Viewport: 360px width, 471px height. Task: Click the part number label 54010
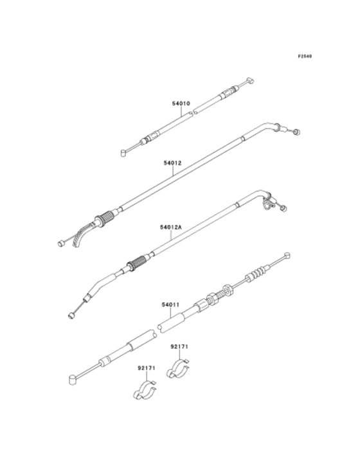click(x=181, y=103)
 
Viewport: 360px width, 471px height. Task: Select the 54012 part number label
click(x=172, y=163)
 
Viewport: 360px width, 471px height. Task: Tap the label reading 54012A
click(x=171, y=227)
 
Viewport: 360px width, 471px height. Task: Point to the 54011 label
click(x=170, y=305)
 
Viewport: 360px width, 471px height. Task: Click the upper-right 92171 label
click(x=179, y=346)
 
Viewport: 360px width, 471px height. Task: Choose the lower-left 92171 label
click(x=147, y=368)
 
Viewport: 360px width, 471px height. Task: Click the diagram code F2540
click(x=305, y=56)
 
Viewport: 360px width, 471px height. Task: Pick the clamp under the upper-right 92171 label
click(x=178, y=368)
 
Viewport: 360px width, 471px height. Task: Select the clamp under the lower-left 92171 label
click(x=145, y=390)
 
